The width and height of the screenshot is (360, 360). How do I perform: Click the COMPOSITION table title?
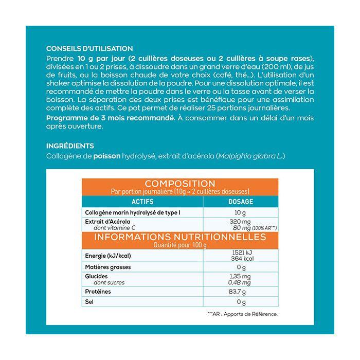click(180, 184)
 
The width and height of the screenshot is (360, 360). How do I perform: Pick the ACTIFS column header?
click(142, 202)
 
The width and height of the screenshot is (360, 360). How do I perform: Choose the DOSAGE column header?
click(240, 202)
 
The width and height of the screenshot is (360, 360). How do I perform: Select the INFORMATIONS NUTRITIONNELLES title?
click(180, 237)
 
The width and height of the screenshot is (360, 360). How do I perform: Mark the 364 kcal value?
click(240, 259)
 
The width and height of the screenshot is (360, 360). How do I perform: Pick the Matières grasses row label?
click(107, 267)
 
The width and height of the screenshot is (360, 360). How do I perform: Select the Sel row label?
click(88, 302)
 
